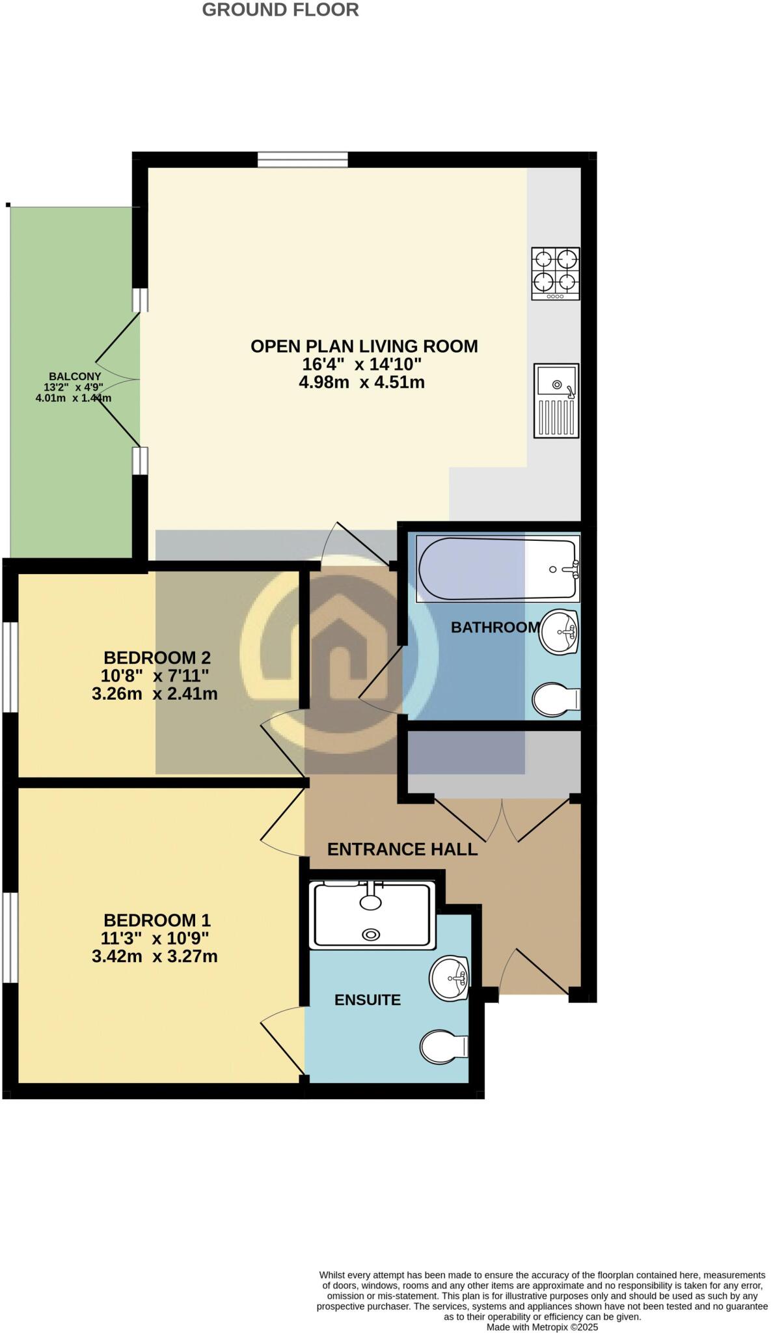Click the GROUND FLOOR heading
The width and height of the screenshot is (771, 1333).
[x=280, y=10]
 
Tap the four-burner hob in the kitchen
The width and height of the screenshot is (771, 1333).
[x=555, y=273]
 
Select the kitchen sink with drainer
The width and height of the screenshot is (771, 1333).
[x=556, y=400]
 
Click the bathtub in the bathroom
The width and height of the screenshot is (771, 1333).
[x=498, y=568]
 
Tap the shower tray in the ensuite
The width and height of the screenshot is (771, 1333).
[x=372, y=914]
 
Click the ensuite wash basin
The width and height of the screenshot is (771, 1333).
[x=450, y=978]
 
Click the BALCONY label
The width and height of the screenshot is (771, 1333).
[x=75, y=376]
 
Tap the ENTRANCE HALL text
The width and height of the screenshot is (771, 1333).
[x=402, y=849]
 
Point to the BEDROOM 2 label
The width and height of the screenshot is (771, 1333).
[x=157, y=657]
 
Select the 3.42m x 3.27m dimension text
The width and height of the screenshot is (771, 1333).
[x=155, y=956]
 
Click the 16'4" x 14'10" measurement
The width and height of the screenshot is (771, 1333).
[x=362, y=364]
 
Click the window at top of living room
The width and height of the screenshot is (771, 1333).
[x=302, y=159]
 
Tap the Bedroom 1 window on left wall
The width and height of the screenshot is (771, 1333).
[x=10, y=937]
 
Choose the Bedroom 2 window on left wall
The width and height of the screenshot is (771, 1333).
[x=10, y=667]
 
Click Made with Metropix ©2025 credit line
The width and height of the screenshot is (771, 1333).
[x=541, y=1327]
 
